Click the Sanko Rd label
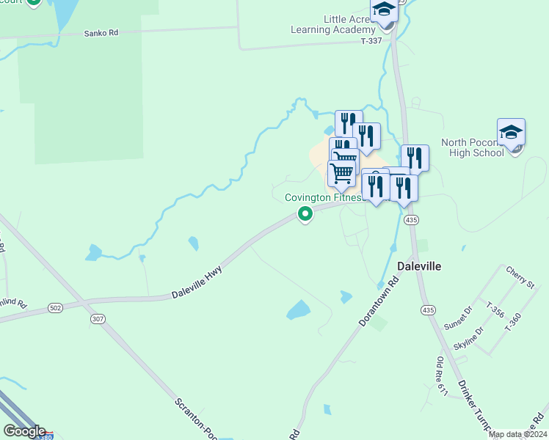[101, 33]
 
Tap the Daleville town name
[419, 266]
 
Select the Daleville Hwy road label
[197, 283]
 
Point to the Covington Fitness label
[323, 198]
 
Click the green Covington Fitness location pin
[305, 213]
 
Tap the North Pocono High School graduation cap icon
[511, 133]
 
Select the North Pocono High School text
[473, 147]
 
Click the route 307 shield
[97, 320]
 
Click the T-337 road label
[373, 42]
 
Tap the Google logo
[24, 431]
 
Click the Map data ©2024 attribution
[518, 434]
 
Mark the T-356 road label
[495, 309]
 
